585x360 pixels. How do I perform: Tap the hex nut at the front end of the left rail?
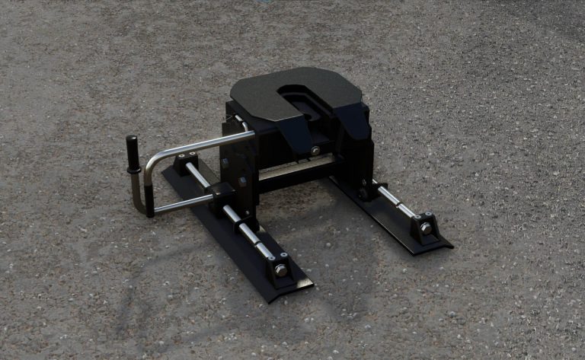281,269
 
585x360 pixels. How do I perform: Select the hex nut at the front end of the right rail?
425,228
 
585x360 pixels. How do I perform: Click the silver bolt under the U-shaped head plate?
315,151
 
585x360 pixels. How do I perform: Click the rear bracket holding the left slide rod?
186,163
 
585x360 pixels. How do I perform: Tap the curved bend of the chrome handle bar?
151,162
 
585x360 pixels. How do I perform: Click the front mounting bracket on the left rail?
278,263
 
